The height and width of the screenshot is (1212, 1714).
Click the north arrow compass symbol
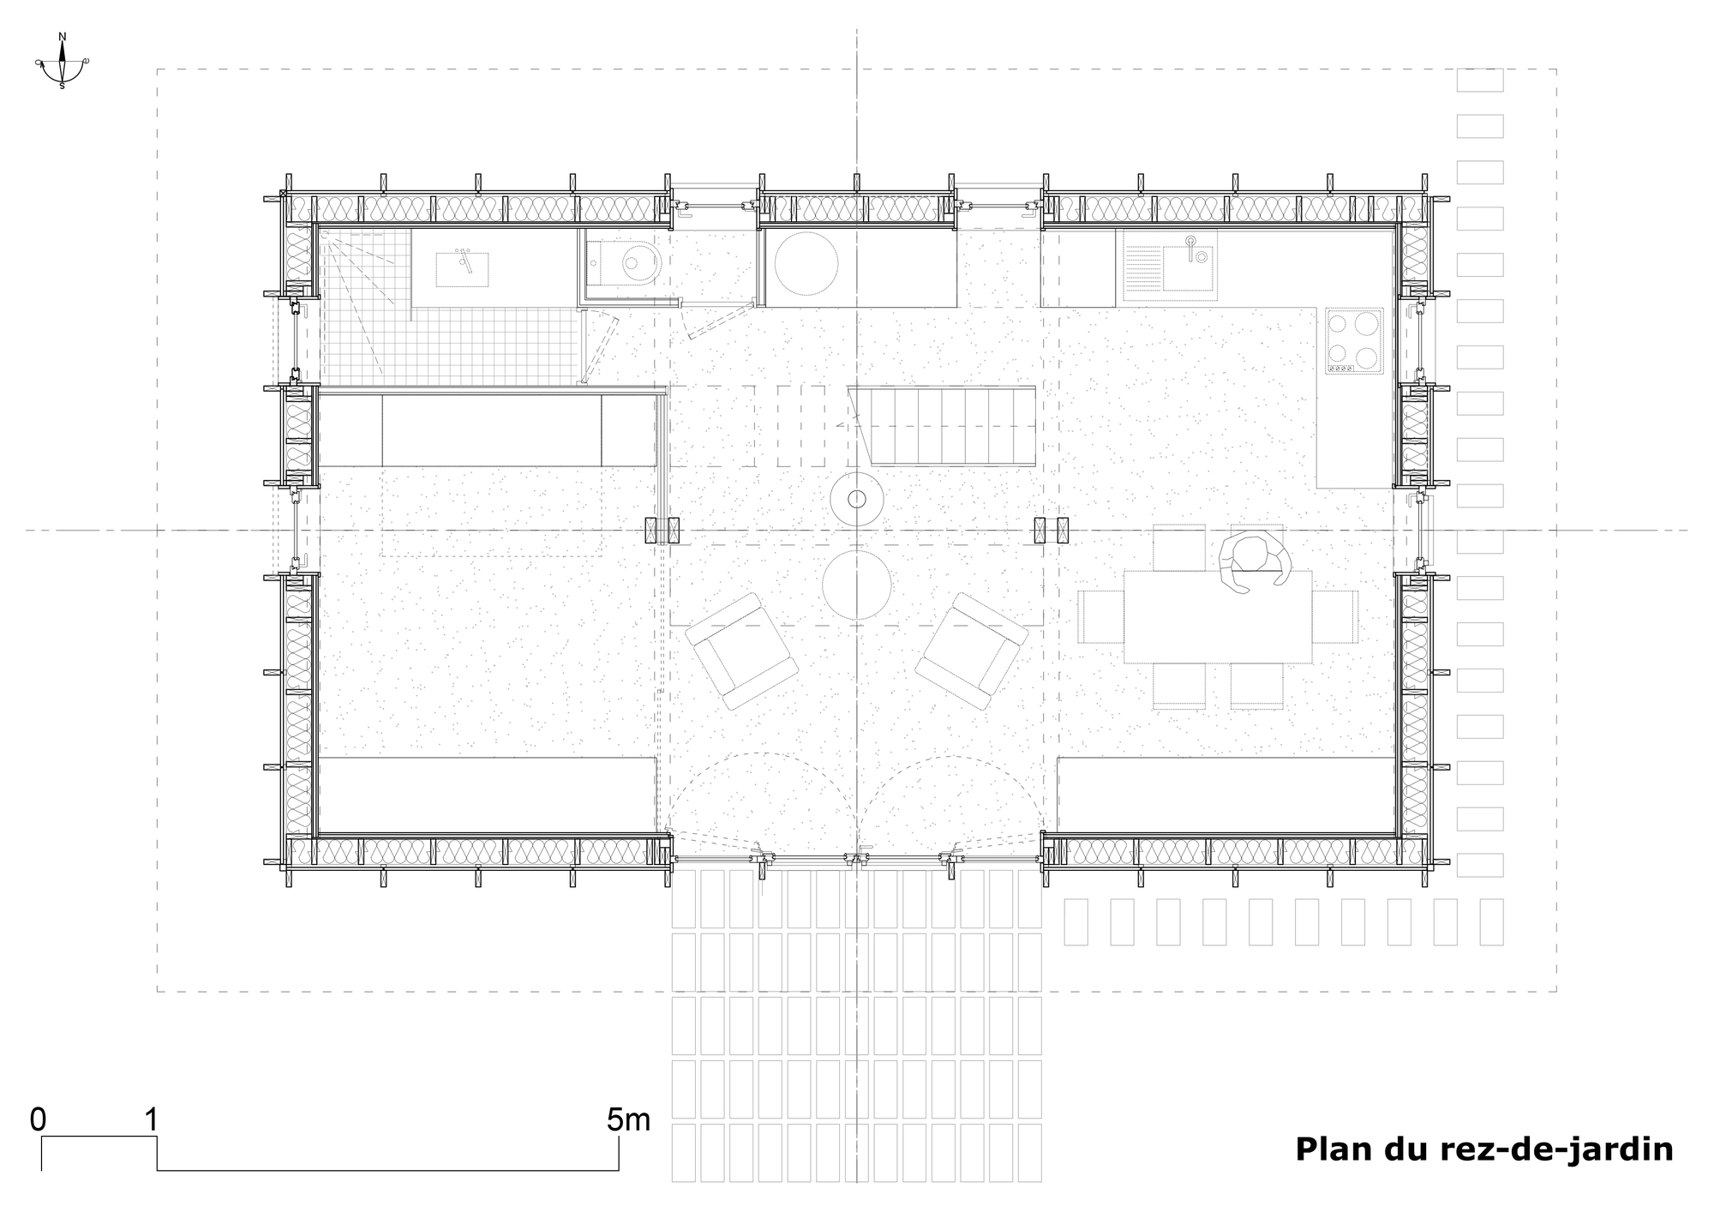click(62, 62)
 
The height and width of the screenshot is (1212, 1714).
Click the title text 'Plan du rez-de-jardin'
click(1483, 1149)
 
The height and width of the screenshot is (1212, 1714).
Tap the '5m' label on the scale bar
click(628, 1119)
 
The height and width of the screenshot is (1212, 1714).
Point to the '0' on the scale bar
click(38, 1119)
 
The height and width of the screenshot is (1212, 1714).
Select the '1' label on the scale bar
click(153, 1119)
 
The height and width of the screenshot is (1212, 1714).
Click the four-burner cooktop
click(1354, 340)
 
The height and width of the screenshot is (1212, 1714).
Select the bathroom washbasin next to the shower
click(463, 268)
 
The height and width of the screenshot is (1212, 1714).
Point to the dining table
click(1218, 616)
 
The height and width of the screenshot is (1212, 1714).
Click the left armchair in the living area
click(740, 651)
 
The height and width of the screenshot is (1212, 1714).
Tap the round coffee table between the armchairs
click(856, 586)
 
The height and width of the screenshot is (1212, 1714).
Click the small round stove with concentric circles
click(856, 498)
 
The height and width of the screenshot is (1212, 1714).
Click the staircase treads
click(951, 425)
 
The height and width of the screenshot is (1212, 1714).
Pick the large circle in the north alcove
click(806, 264)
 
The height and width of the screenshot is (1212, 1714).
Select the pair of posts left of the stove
click(662, 531)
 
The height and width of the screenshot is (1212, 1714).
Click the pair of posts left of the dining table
click(1052, 531)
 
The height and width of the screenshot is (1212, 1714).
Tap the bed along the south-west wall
click(484, 794)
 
